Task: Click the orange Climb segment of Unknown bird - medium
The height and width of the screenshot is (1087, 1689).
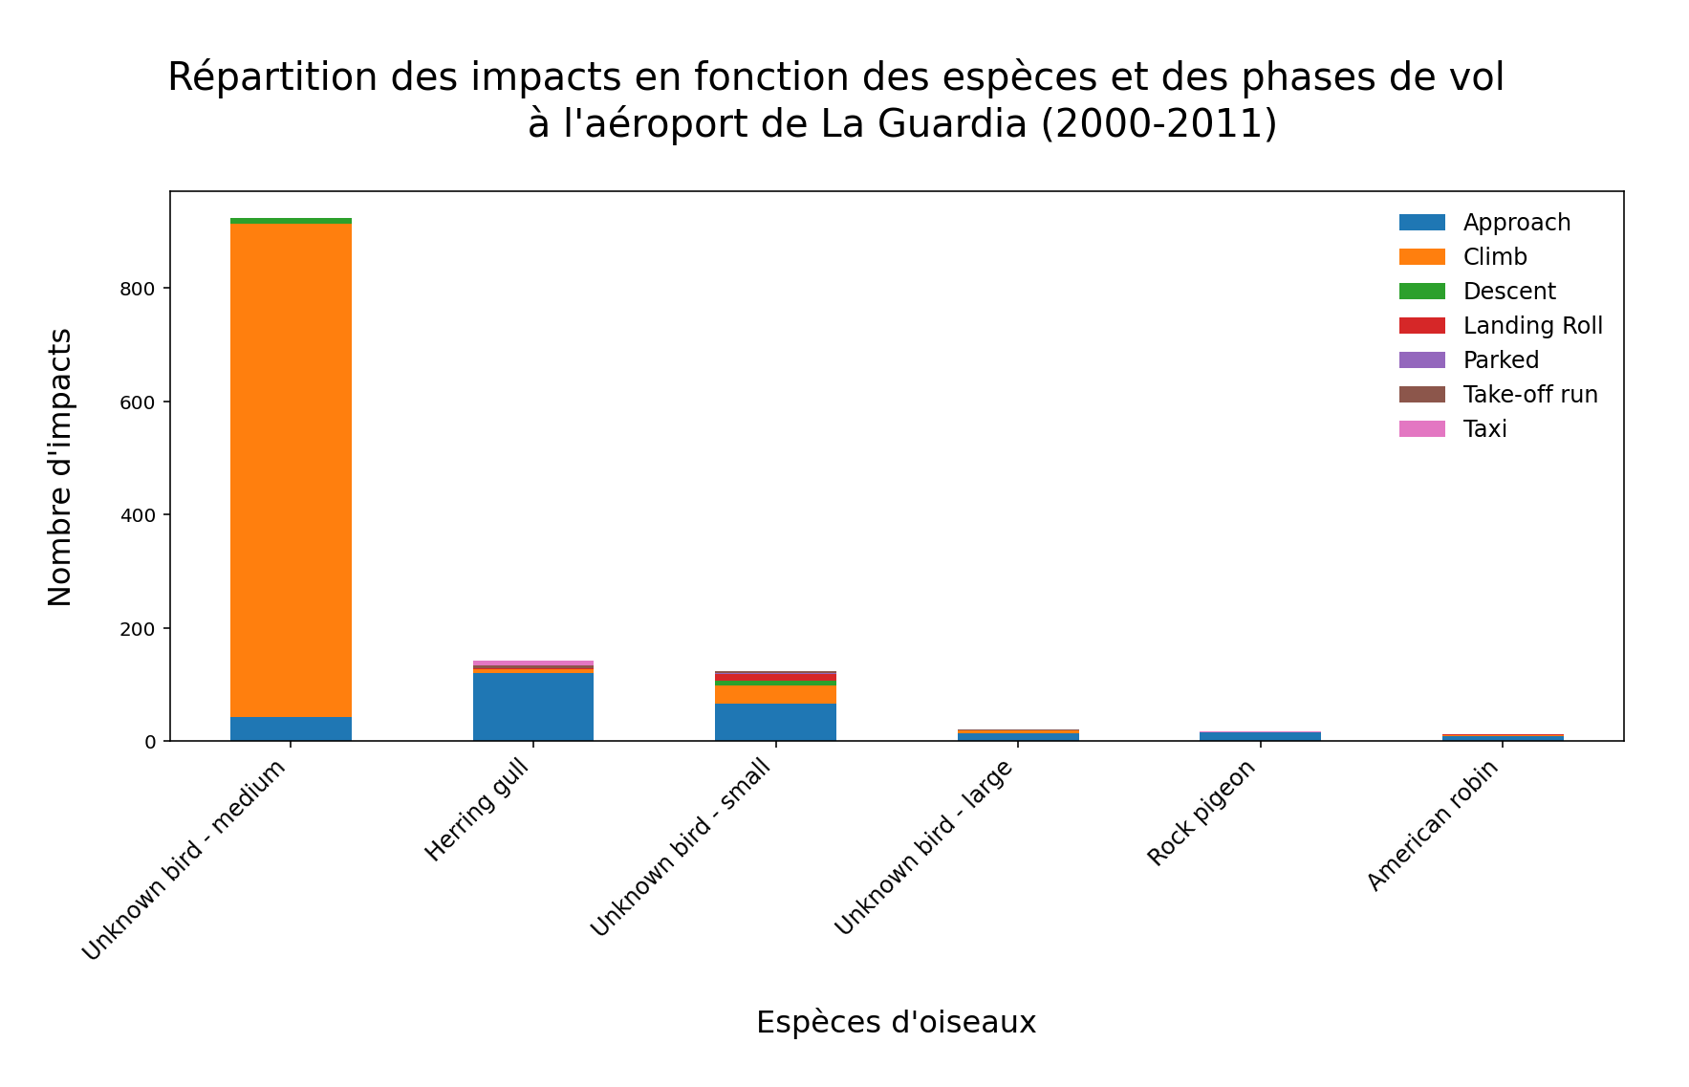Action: coord(291,468)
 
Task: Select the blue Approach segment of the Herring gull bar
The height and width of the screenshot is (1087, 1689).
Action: coord(532,707)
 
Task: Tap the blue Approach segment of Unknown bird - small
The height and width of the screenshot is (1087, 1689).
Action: coord(775,723)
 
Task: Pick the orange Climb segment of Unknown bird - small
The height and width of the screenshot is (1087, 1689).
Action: coord(775,695)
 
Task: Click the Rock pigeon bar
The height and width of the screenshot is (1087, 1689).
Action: coord(1260,736)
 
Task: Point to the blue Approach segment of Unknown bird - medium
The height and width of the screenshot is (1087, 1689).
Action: coord(291,728)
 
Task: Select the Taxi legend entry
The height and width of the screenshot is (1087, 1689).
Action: coord(1483,429)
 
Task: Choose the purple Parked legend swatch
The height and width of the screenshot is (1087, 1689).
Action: coord(1421,360)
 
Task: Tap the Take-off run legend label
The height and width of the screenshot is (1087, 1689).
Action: coord(1529,395)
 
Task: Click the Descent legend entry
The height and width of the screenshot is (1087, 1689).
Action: coord(1508,292)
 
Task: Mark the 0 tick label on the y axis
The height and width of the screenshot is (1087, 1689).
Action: coord(151,742)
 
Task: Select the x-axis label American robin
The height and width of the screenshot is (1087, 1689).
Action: coord(1433,827)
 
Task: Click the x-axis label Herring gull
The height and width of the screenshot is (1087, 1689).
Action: coord(477,812)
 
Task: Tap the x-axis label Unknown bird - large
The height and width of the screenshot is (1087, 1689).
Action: coord(923,849)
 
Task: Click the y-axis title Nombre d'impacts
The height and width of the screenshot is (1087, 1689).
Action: coord(60,467)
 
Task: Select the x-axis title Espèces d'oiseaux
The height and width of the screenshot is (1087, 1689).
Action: coord(896,1023)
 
